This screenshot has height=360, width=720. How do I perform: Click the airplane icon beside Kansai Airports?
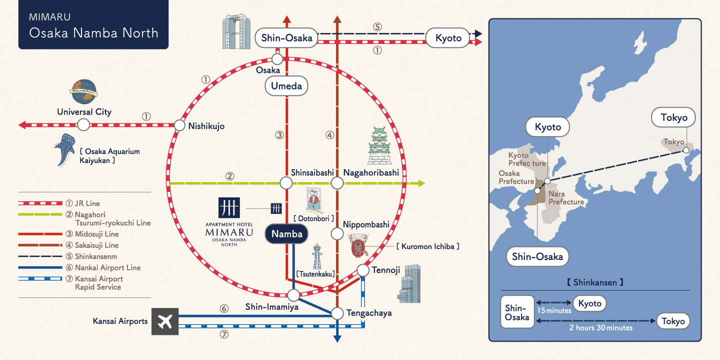(164, 321)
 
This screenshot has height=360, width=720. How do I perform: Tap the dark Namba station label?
(287, 234)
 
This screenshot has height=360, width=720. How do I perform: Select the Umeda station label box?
(286, 86)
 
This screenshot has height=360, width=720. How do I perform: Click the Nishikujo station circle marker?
(179, 125)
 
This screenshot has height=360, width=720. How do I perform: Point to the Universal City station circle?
(83, 124)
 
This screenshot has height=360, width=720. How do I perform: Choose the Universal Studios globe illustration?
(83, 92)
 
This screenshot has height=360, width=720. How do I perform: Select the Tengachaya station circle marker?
(337, 313)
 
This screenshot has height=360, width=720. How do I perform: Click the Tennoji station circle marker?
(363, 270)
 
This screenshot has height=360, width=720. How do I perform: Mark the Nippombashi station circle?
(337, 234)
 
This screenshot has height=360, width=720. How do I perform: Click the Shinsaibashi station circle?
(286, 183)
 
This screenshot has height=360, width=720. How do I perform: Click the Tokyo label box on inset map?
(673, 118)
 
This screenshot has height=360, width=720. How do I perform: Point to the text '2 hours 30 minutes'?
(600, 328)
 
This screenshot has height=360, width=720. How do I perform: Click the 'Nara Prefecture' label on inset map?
(566, 198)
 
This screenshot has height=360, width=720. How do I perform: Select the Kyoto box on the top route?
(448, 38)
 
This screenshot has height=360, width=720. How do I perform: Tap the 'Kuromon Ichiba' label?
(427, 246)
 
